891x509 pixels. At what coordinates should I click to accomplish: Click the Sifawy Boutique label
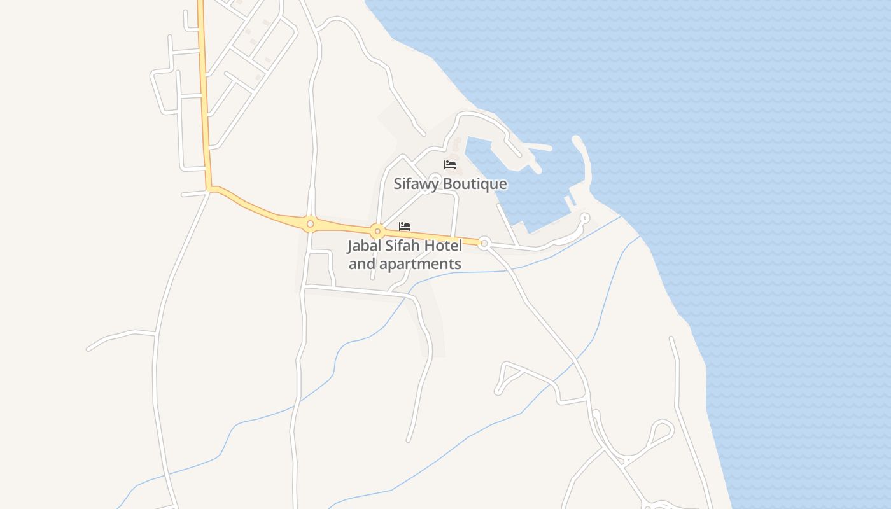point(450,184)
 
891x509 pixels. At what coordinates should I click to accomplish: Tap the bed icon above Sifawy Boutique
point(450,165)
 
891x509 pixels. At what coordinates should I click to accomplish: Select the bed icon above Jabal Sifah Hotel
point(405,227)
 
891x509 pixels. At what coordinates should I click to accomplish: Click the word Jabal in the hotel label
point(365,246)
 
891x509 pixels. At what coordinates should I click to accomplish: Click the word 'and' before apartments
point(361,264)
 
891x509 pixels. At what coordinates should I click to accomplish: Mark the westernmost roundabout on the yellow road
point(310,224)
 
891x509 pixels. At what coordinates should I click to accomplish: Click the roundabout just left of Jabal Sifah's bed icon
point(377,231)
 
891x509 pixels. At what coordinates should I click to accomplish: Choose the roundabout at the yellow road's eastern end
point(484,242)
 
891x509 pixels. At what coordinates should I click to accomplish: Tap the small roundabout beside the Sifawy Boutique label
point(435,179)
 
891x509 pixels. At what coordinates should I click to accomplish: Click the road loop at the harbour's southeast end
point(584,218)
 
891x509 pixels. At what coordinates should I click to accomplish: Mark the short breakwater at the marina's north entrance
point(538,148)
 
